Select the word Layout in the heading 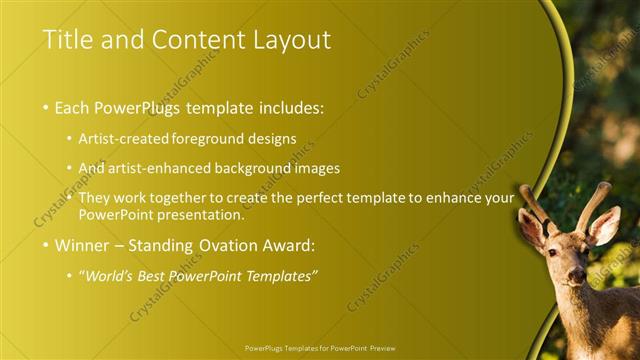pyautogui.click(x=291, y=40)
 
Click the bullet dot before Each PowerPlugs pyautogui.click(x=45, y=106)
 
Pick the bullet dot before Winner pyautogui.click(x=45, y=244)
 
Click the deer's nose pyautogui.click(x=576, y=277)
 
